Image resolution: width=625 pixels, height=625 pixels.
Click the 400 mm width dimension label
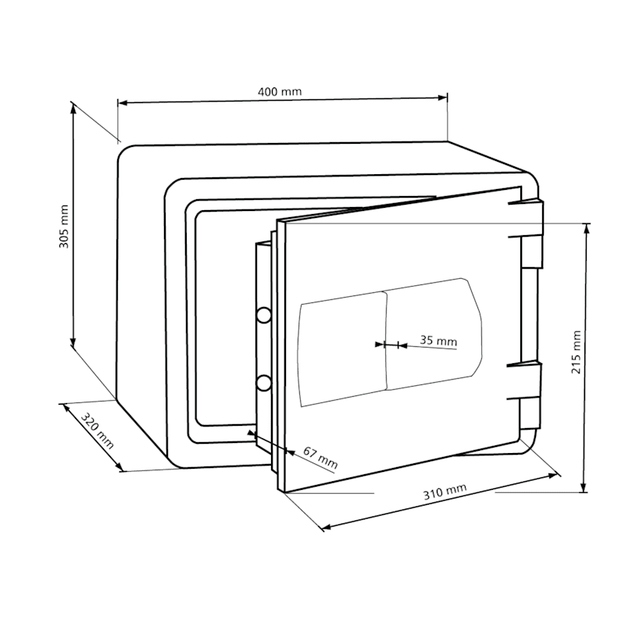click(280, 92)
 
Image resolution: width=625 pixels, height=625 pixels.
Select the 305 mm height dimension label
click(64, 227)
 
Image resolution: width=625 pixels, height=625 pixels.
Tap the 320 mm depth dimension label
click(97, 431)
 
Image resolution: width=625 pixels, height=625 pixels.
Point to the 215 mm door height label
click(577, 352)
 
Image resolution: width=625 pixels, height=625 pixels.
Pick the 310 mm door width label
click(445, 492)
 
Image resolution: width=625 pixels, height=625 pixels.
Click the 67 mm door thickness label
click(320, 458)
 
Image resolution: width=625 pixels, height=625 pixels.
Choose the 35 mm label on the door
click(438, 341)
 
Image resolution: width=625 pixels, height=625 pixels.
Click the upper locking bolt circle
click(263, 316)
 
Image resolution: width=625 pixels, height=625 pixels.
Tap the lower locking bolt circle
click(263, 383)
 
